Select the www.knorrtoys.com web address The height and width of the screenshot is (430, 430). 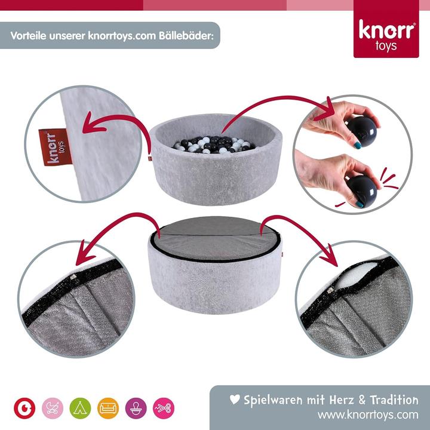[x=367, y=414]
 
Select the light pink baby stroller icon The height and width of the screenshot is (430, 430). [x=52, y=407]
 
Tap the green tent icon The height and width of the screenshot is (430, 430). [x=80, y=407]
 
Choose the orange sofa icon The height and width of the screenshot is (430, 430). [x=108, y=407]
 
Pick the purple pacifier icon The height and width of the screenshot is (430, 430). [x=136, y=407]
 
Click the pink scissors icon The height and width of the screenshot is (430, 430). [x=164, y=407]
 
